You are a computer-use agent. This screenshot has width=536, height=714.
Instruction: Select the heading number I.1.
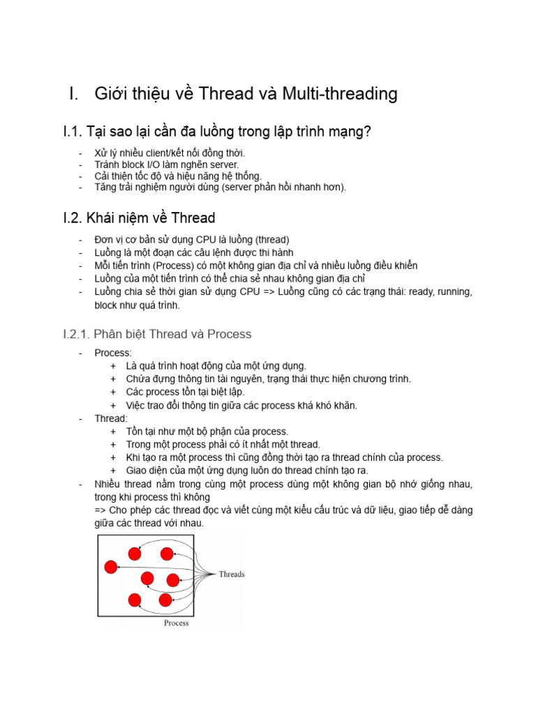pos(73,131)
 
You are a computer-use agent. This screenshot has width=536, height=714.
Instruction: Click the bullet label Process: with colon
pos(113,353)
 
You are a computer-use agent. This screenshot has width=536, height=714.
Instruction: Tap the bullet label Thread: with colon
pos(111,418)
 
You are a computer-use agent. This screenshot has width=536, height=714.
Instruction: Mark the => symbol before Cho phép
pos(101,510)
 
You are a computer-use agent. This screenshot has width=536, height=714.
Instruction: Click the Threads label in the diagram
pos(232,575)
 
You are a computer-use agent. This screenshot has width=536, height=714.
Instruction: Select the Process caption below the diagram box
pos(176,623)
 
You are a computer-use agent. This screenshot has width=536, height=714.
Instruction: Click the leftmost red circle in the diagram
pos(110,566)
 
